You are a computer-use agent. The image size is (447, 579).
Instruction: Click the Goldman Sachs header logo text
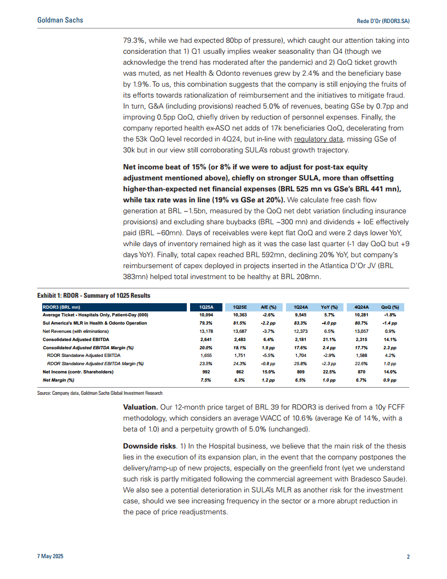(x=60, y=20)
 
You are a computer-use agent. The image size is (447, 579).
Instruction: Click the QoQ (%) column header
(x=389, y=306)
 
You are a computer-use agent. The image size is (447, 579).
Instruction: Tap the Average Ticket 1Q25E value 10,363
(x=240, y=315)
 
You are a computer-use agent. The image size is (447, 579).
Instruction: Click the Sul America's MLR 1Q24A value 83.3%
(x=300, y=323)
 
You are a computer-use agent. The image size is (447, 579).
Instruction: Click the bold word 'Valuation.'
(x=141, y=407)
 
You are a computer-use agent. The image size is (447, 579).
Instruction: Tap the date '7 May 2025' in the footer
(x=50, y=557)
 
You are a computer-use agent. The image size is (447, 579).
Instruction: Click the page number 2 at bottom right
(x=408, y=557)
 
